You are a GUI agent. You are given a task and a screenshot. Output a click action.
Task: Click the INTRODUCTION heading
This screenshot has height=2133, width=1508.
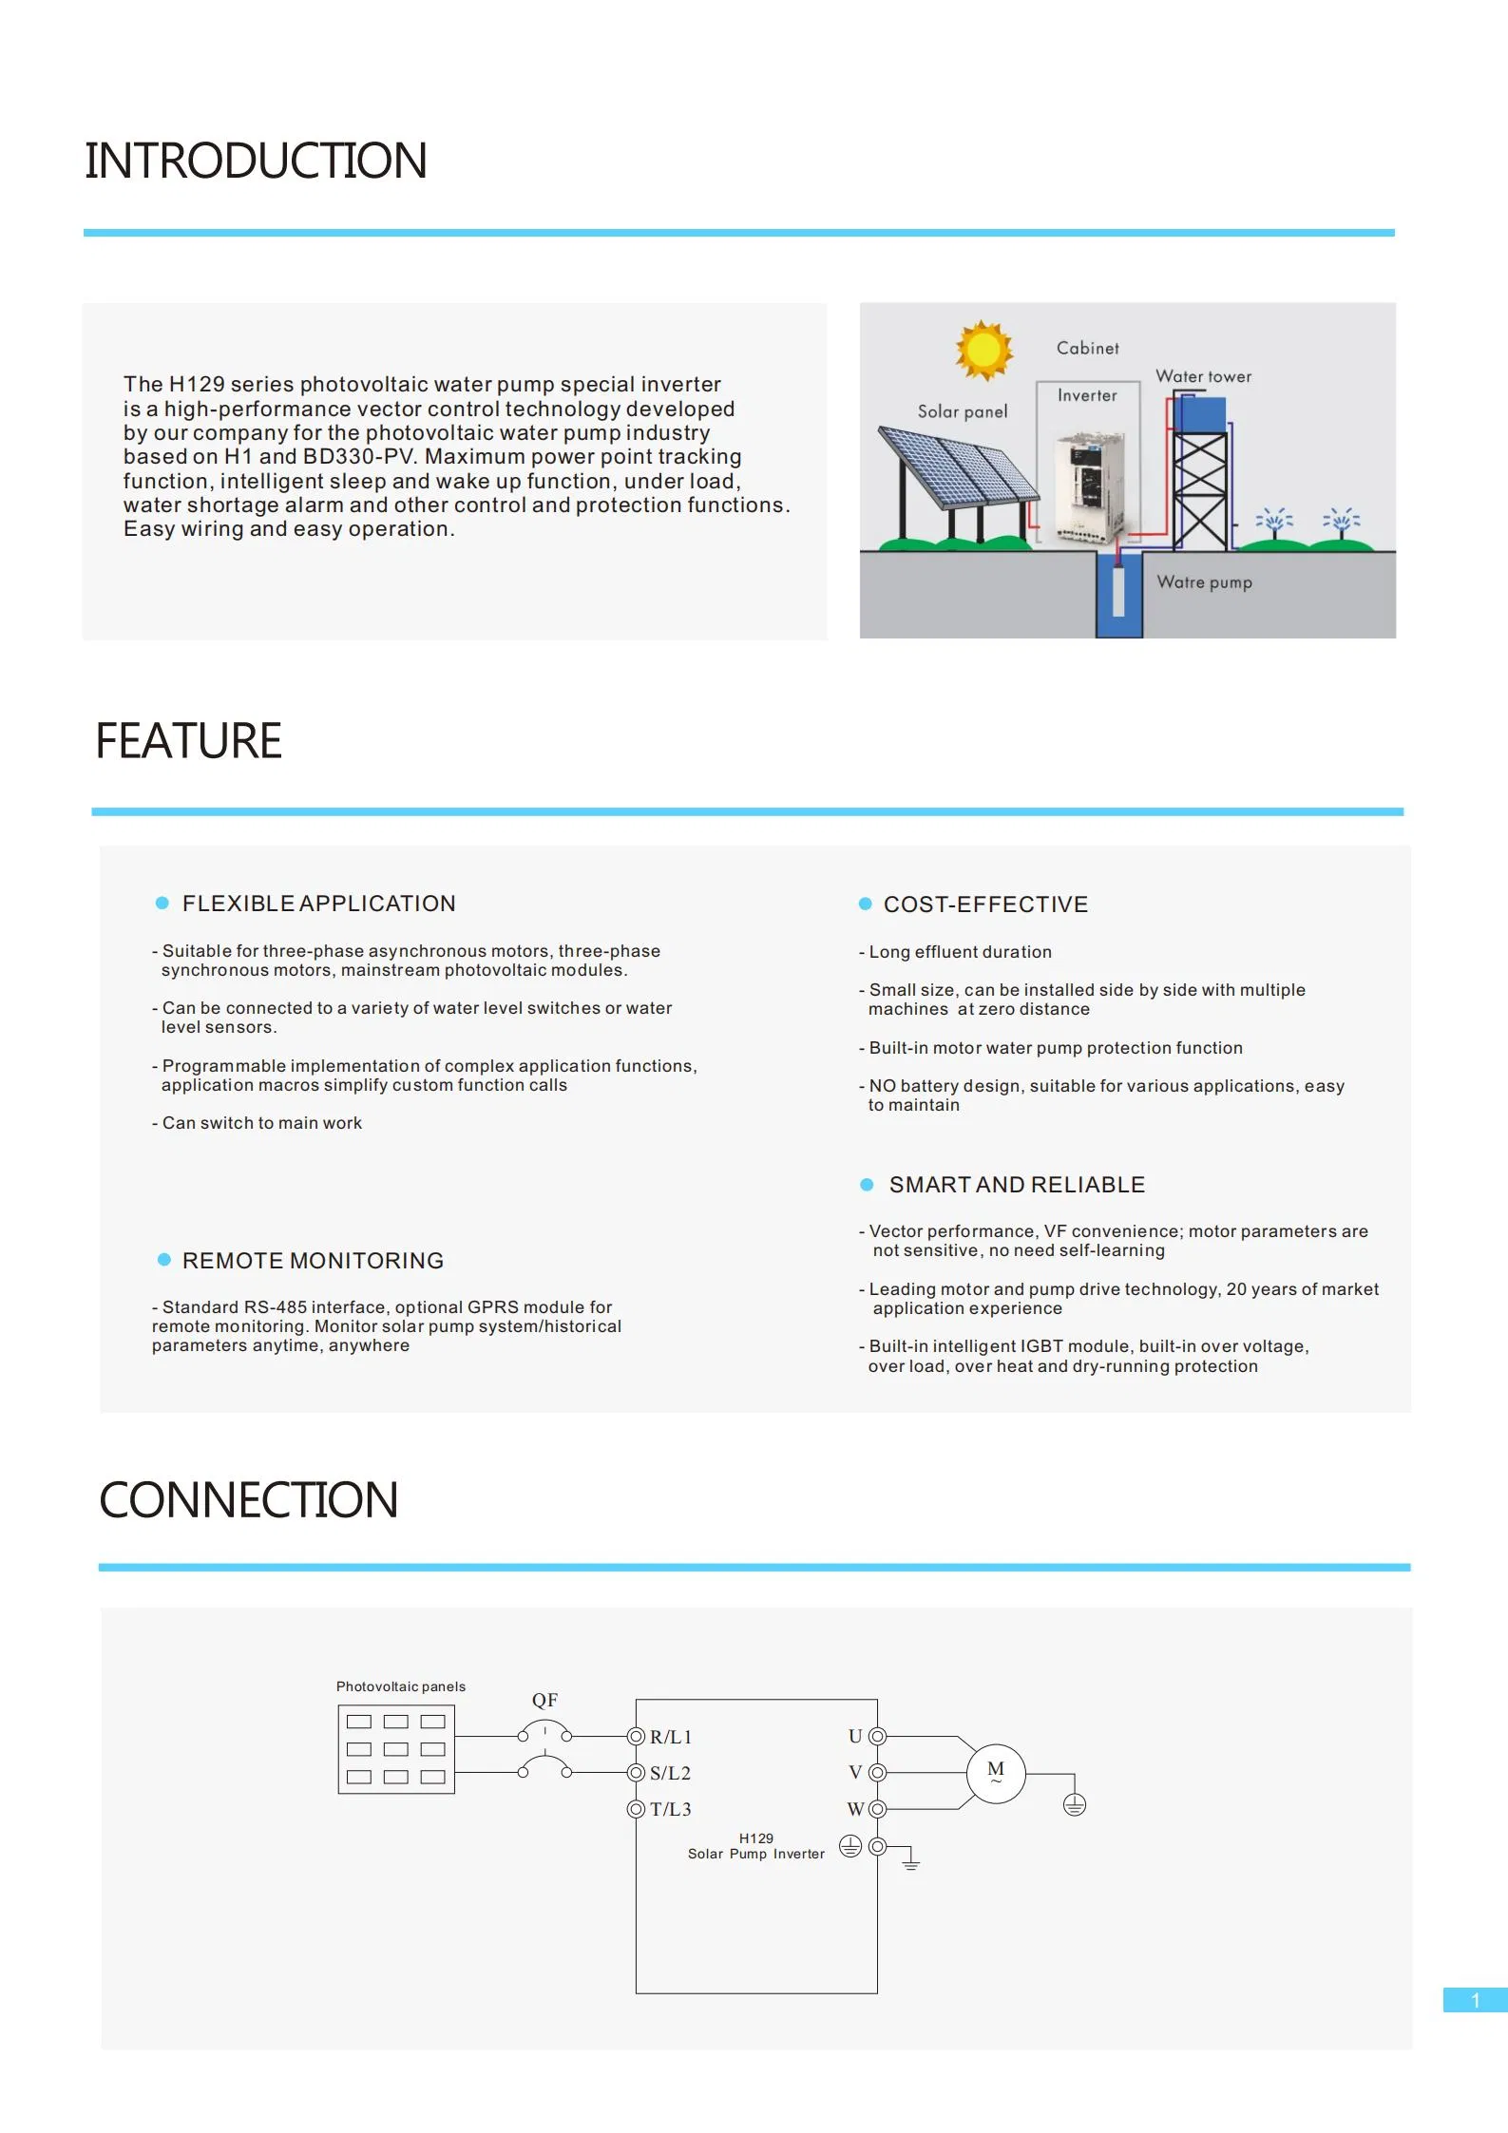(256, 161)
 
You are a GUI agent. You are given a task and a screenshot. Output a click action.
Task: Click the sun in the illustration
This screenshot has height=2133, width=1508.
(983, 350)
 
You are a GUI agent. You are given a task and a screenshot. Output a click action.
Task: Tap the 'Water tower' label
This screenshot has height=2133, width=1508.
(1203, 376)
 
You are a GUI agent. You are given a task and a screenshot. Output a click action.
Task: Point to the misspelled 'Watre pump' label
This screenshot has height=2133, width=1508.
(1204, 581)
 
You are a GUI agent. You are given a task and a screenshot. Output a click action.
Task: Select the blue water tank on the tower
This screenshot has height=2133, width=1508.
(1200, 414)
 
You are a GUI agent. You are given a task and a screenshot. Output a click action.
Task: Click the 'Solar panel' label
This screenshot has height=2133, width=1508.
(962, 411)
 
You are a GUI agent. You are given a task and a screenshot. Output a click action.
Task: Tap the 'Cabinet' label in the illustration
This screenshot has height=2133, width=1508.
(1087, 348)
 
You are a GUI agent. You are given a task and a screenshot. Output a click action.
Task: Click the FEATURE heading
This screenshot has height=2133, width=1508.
(188, 741)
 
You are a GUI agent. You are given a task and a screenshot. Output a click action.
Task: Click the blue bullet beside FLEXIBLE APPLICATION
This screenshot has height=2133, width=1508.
(162, 903)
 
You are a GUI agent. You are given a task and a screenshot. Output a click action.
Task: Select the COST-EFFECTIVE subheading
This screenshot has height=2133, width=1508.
(985, 905)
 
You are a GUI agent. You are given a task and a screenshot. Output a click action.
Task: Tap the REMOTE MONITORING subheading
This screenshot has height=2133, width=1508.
(313, 1261)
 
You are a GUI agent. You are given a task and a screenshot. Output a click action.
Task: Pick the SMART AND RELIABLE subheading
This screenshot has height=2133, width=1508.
(1017, 1185)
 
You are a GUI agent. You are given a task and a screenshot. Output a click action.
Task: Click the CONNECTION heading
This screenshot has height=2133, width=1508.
(248, 1500)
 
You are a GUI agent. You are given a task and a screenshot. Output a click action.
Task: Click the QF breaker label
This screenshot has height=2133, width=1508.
(544, 1700)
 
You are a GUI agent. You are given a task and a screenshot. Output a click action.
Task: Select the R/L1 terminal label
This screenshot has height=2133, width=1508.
(671, 1737)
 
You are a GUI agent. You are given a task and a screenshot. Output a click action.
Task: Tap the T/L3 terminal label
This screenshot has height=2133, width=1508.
(671, 1809)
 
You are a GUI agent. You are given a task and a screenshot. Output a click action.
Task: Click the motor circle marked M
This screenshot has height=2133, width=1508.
(996, 1773)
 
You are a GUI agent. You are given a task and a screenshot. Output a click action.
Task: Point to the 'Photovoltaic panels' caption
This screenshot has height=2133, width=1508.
(401, 1686)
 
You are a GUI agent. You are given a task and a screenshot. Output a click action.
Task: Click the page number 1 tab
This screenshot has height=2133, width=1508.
(1475, 2000)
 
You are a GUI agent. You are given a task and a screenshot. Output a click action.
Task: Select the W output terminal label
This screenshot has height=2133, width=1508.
(855, 1809)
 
